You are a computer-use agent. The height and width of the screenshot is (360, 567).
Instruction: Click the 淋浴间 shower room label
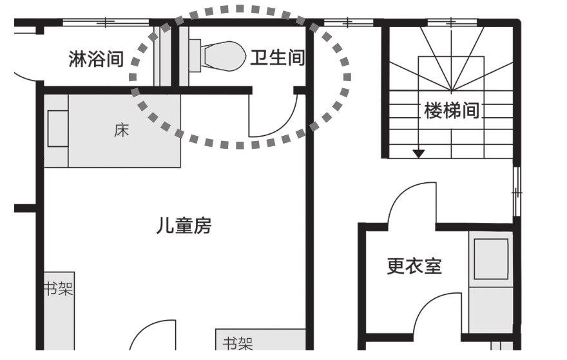96,59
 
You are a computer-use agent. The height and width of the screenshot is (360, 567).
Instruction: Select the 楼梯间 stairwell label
452,111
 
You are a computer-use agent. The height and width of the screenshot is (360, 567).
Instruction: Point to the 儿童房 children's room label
184,227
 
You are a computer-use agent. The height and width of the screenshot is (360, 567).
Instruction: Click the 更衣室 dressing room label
414,266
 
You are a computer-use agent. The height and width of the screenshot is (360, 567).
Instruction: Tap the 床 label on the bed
121,131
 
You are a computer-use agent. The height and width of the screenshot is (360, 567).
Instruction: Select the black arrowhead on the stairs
419,153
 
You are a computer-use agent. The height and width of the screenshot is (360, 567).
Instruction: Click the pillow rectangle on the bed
57,129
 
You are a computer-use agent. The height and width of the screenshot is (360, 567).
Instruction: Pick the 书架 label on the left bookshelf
58,288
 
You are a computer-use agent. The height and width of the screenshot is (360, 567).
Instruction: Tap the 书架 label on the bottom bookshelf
238,343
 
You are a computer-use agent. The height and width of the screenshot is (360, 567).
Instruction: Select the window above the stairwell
450,23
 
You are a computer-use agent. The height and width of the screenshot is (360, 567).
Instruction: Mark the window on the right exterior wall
515,191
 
